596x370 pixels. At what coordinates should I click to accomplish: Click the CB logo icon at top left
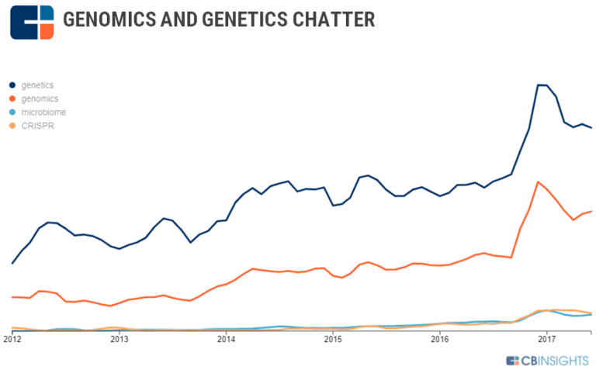[32, 22]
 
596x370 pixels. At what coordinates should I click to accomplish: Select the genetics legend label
[37, 85]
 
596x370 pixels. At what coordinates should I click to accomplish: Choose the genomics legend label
[40, 99]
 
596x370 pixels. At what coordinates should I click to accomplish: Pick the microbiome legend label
[43, 112]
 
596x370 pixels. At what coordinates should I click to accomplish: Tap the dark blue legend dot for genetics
[12, 85]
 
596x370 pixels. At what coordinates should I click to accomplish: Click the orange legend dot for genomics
[12, 99]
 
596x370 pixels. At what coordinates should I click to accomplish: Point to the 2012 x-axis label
[12, 339]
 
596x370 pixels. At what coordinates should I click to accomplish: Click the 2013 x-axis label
[119, 339]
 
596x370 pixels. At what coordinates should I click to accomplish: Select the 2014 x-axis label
[226, 339]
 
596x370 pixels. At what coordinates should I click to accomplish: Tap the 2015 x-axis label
[333, 339]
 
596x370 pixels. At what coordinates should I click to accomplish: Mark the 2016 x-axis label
[440, 339]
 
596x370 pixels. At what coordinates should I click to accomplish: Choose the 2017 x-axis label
[547, 339]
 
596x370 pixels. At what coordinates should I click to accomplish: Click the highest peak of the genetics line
[542, 85]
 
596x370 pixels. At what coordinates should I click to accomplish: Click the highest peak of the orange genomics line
[539, 182]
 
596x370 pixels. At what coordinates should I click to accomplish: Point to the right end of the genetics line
[591, 128]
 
